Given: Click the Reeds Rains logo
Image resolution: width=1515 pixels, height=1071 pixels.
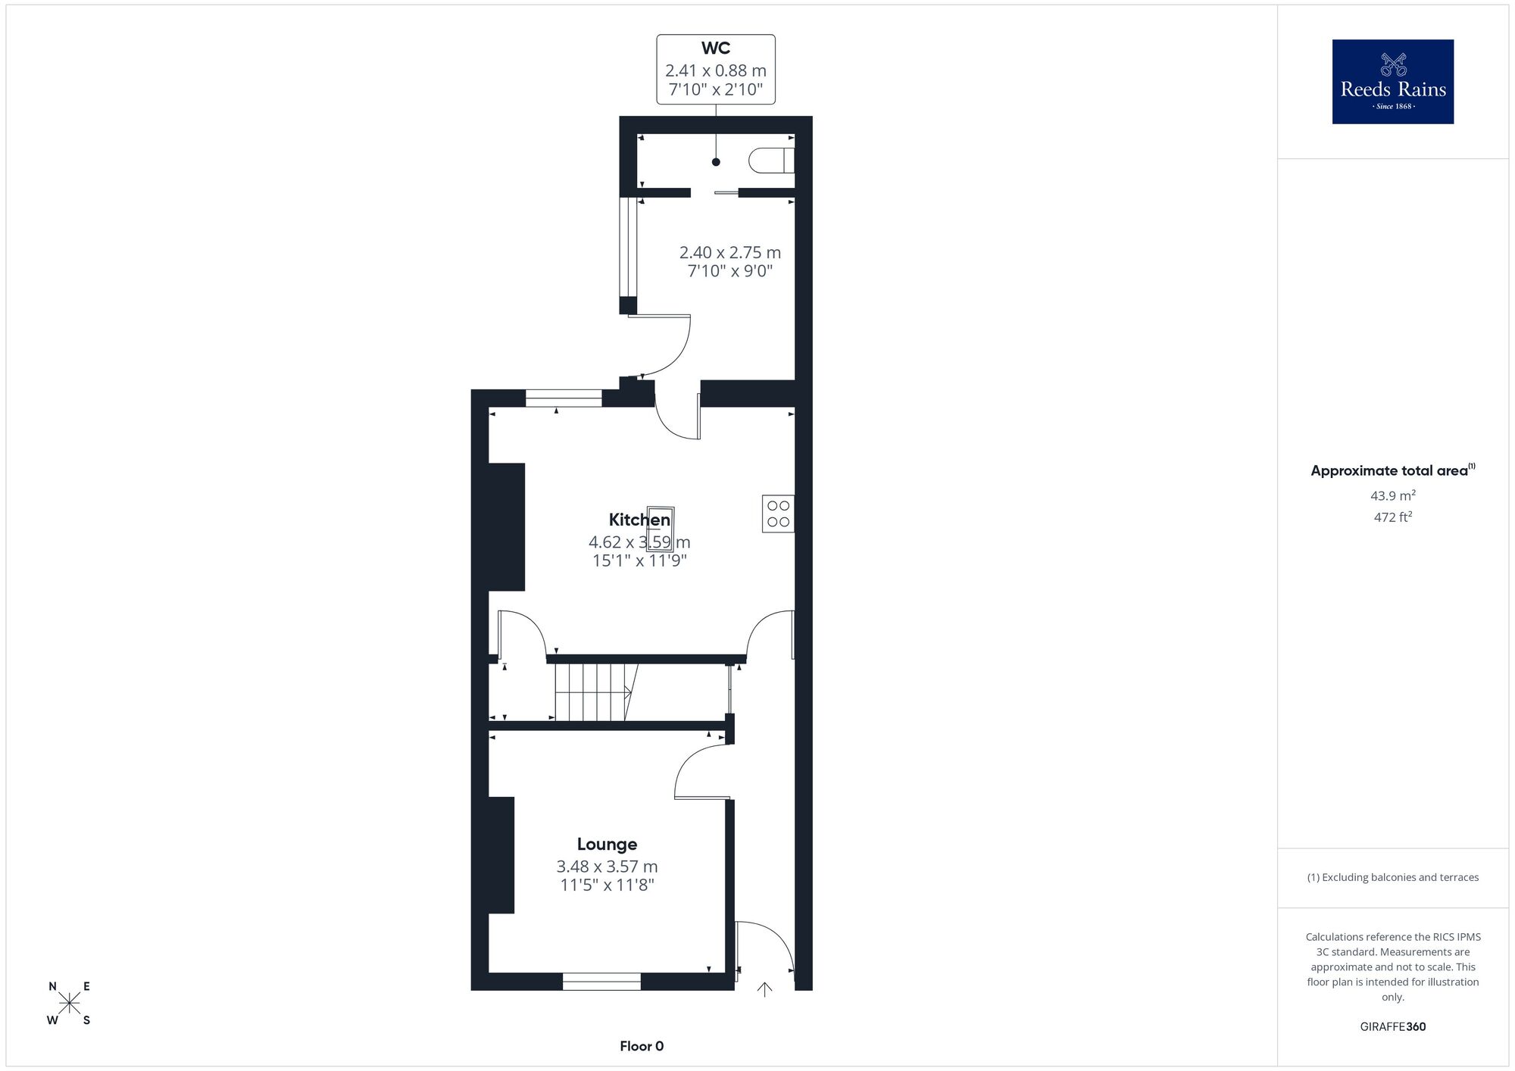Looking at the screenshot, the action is click(x=1393, y=82).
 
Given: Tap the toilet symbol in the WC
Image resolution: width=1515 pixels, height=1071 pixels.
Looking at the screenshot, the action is click(x=771, y=161).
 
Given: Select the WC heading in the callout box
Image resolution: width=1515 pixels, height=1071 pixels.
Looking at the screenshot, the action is click(x=716, y=48).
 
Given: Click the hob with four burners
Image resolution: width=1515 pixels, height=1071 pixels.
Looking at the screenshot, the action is click(x=778, y=514).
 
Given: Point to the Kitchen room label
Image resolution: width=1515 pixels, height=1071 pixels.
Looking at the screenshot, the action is click(x=639, y=520).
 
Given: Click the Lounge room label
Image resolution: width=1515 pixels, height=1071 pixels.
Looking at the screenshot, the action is click(x=607, y=844).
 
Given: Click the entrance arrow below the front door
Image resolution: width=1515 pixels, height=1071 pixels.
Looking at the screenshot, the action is click(x=765, y=988).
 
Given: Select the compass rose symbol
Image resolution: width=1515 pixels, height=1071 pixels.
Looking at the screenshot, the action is click(x=70, y=1004).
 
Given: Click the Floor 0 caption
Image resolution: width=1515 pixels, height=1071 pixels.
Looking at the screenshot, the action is click(x=642, y=1046).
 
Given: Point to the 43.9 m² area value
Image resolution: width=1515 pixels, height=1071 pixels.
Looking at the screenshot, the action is click(x=1393, y=495).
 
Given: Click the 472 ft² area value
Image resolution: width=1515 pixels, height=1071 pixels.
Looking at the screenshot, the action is click(x=1393, y=517).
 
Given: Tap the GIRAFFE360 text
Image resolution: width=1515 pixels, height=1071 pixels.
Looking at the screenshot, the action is click(x=1393, y=1027).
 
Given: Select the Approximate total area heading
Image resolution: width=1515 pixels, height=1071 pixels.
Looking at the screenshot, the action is click(x=1393, y=470).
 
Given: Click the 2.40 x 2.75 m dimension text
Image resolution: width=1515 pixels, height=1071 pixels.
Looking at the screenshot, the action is click(x=730, y=252).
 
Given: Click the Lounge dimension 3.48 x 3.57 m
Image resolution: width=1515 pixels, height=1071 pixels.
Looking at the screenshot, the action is click(x=607, y=866).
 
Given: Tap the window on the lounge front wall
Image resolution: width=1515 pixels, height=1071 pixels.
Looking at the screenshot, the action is click(x=601, y=982).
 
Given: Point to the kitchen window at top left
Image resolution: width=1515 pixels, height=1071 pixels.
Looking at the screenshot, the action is click(x=564, y=398).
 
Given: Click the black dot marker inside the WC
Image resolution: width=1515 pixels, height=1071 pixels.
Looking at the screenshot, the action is click(x=716, y=162).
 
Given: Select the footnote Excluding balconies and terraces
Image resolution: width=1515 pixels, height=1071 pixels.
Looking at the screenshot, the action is click(x=1393, y=877).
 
